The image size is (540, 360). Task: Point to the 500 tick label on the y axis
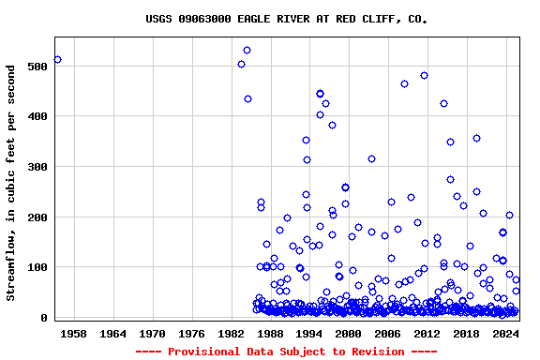pos(37,67)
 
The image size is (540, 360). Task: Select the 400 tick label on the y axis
pos(37,117)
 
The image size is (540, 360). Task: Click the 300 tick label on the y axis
pos(37,167)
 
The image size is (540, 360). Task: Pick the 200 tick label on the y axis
pos(37,217)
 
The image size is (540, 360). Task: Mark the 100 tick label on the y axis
pos(37,267)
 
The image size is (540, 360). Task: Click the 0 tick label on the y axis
pos(44,318)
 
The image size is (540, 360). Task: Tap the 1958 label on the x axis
pos(73,333)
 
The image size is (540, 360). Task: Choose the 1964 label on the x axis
pos(112,333)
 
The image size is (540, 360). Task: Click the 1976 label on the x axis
pos(191,333)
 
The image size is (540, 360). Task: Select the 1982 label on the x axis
pos(231,333)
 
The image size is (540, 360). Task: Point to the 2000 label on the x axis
pos(349,333)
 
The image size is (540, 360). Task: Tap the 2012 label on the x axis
pos(427,333)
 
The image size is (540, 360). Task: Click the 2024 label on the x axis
pos(505,333)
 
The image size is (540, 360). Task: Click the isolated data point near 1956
pos(57,59)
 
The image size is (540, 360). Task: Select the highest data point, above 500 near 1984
pos(247,50)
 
